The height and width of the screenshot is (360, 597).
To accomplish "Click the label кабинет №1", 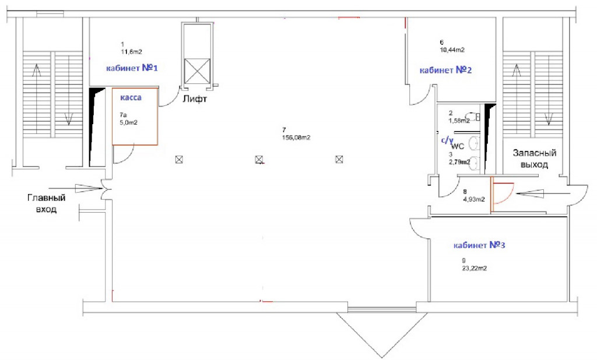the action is (132, 68).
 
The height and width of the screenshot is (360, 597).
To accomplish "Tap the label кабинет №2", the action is (445, 70).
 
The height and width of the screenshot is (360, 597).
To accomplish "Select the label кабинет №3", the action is (479, 245).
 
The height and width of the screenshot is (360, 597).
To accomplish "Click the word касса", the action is (131, 98).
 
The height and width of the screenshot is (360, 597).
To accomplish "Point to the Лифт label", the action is (195, 100).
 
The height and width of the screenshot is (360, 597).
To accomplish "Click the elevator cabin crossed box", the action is (197, 71).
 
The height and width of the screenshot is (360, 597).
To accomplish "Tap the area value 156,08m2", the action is (296, 137).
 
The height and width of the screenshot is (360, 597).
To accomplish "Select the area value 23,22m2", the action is (474, 269).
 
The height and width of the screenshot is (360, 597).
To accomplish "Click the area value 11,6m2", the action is (131, 52).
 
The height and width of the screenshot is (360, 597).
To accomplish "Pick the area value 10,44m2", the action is (452, 50).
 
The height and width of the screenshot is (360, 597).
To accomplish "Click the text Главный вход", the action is (47, 204).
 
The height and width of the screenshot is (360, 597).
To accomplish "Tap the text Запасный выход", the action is (535, 158).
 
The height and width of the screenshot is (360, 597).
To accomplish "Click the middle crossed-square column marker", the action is (259, 160).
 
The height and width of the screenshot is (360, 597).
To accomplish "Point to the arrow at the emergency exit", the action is (543, 195).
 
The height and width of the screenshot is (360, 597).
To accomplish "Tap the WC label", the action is (458, 147).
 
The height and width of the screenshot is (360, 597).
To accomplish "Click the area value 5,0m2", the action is (128, 122).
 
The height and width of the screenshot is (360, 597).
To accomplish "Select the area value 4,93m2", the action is (474, 199).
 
